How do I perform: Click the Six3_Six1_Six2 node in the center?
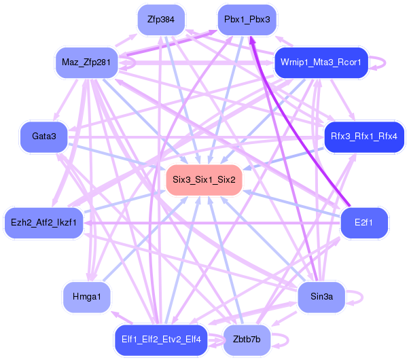[x=204, y=180]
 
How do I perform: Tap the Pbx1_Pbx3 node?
[x=247, y=20]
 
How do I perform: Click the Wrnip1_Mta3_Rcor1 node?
[x=321, y=63]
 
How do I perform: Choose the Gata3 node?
[x=43, y=137]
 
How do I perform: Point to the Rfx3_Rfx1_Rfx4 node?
[x=364, y=137]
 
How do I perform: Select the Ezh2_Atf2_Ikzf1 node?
[x=43, y=222]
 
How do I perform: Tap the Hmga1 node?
[x=87, y=296]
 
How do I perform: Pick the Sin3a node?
[x=321, y=296]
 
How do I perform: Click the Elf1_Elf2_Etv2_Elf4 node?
[x=161, y=340]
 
